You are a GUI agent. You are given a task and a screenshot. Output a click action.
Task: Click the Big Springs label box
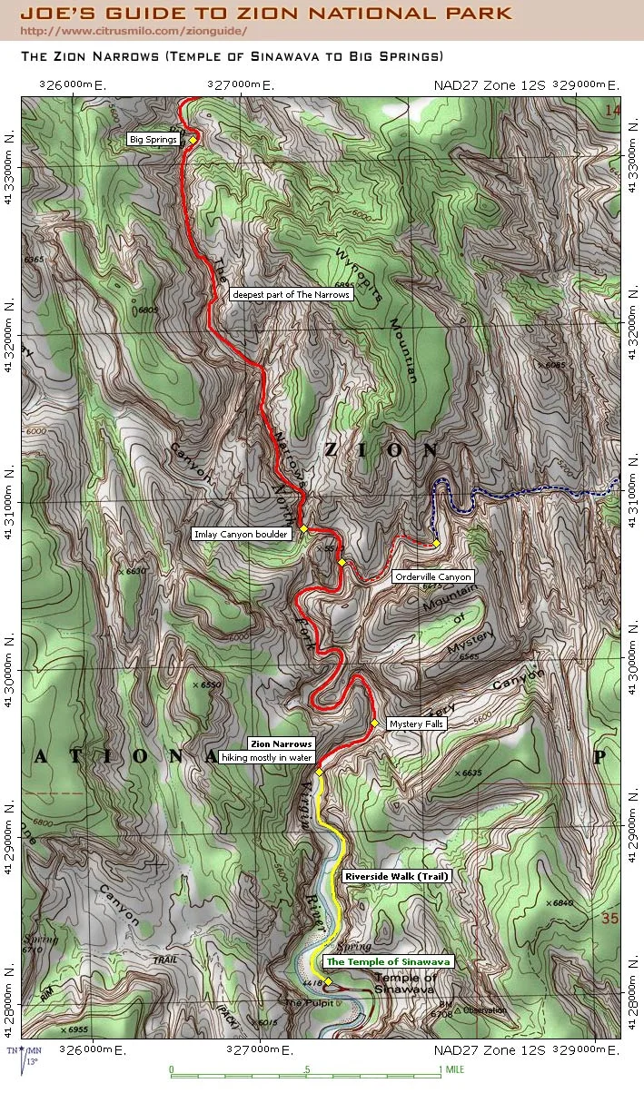tap(154, 140)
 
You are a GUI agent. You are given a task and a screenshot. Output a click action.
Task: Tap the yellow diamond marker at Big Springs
tap(193, 139)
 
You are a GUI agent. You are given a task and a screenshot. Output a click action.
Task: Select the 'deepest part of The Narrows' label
tap(290, 295)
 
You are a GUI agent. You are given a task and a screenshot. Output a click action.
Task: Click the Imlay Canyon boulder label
tap(242, 534)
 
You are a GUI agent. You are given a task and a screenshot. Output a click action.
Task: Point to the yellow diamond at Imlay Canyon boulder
tap(303, 528)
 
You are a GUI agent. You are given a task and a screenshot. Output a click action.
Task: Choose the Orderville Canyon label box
tap(432, 576)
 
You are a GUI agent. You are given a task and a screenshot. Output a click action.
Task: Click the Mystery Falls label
tap(415, 724)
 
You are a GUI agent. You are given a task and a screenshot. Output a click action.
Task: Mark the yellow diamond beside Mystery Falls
tap(374, 723)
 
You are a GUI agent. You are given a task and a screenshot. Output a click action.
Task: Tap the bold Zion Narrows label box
tap(281, 744)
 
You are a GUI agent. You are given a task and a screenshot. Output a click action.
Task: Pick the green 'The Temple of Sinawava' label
tap(388, 961)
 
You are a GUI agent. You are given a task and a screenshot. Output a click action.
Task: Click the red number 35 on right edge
tap(610, 920)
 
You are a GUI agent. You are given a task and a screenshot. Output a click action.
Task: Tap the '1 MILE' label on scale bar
tap(451, 1069)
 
